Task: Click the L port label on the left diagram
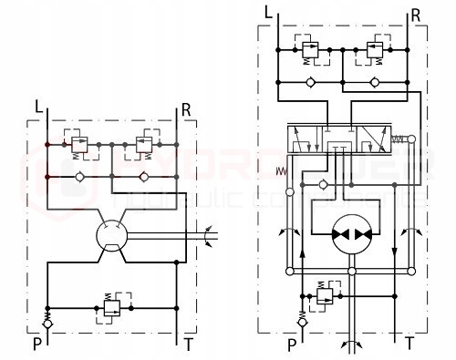click(38, 108)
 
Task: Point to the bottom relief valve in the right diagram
click(322, 293)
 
